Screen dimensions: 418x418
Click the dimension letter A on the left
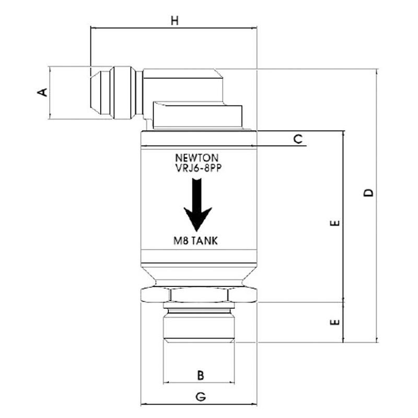pyautogui.click(x=43, y=92)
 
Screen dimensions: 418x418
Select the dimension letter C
pyautogui.click(x=297, y=139)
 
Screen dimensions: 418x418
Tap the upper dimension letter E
pyautogui.click(x=335, y=224)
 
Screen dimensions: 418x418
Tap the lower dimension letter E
pyautogui.click(x=335, y=322)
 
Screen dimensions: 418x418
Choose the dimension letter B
pyautogui.click(x=200, y=375)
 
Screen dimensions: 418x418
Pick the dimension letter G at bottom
pyautogui.click(x=200, y=397)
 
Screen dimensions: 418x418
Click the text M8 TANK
pyautogui.click(x=195, y=241)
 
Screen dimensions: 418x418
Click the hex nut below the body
pyautogui.click(x=199, y=295)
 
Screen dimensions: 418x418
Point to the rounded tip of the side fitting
pyautogui.click(x=95, y=92)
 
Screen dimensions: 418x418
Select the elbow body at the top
pyautogui.click(x=183, y=86)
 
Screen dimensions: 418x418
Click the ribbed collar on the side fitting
pyautogui.click(x=125, y=92)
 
